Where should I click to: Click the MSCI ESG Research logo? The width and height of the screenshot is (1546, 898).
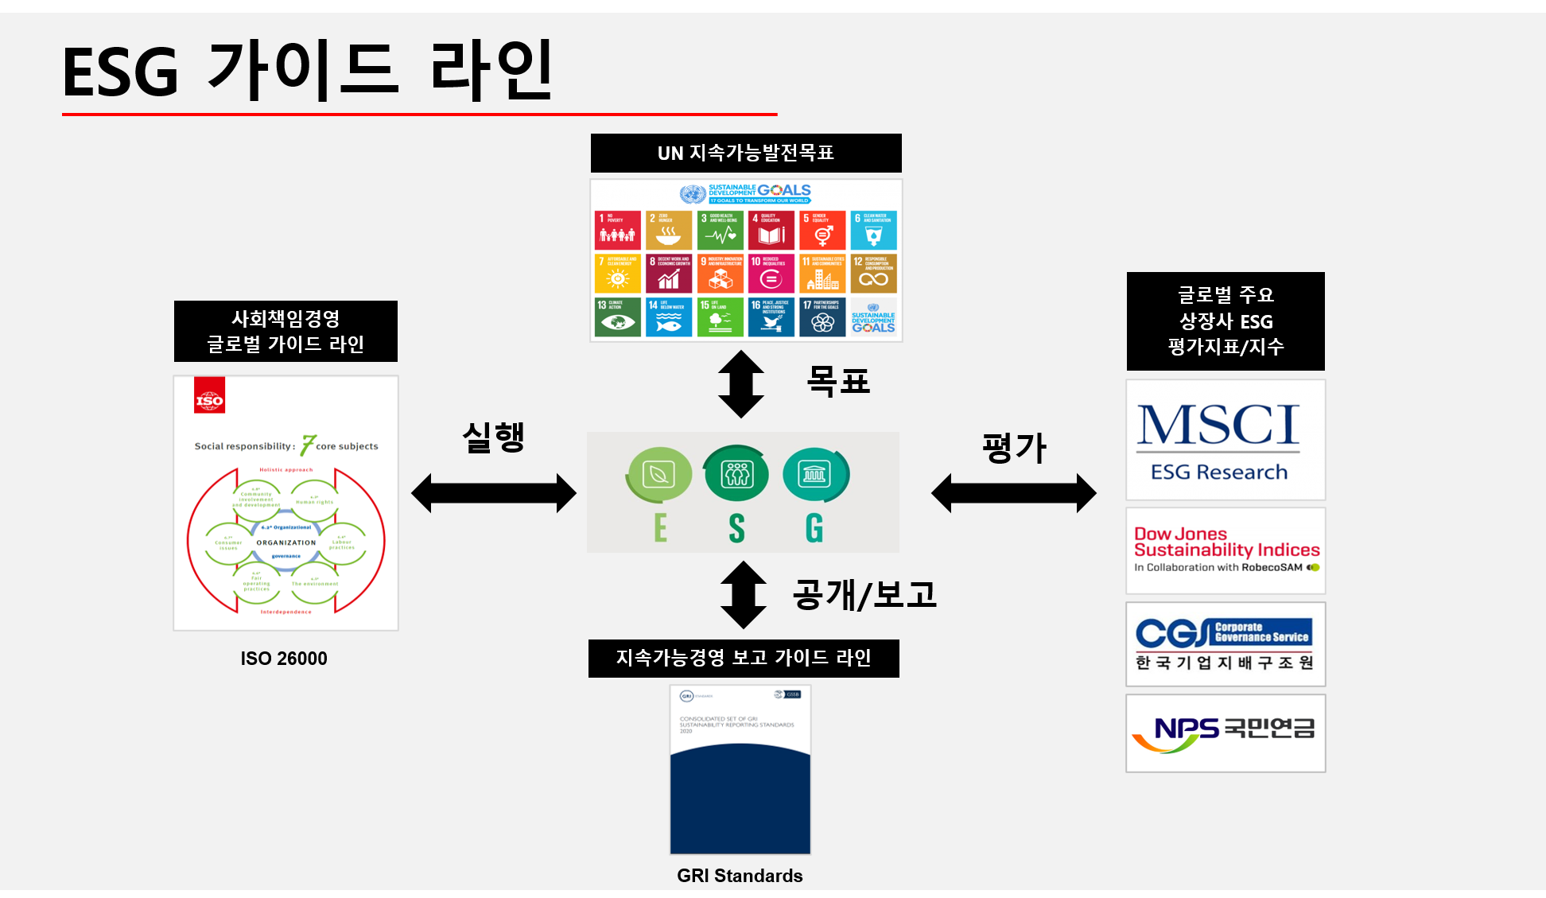1225,440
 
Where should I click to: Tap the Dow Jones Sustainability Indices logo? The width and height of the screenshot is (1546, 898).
1225,550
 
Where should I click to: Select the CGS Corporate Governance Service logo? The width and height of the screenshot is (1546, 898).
1225,644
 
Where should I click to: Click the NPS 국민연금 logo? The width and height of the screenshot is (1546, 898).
1225,733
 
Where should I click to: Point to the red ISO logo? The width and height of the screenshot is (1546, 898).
210,396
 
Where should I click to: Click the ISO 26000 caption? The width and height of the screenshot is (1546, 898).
284,659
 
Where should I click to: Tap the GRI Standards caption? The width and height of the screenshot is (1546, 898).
740,876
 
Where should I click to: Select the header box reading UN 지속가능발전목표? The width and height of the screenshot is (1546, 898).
746,153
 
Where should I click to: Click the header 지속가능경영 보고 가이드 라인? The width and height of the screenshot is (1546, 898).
744,658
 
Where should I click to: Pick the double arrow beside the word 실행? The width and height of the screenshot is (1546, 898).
493,493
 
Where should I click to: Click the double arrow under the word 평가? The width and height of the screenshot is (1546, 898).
1014,493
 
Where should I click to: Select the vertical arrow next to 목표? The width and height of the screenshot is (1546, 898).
741,384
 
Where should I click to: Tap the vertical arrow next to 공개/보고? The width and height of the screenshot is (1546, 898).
743,595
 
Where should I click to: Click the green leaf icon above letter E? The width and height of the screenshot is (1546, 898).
659,475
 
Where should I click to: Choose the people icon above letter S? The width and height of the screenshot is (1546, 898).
736,474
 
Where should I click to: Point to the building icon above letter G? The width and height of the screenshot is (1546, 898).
815,474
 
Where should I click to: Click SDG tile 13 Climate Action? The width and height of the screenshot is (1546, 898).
618,317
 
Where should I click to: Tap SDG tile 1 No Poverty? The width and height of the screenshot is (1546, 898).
618,230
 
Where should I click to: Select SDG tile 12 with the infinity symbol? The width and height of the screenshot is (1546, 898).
873,274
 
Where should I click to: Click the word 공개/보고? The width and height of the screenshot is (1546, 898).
864,595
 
